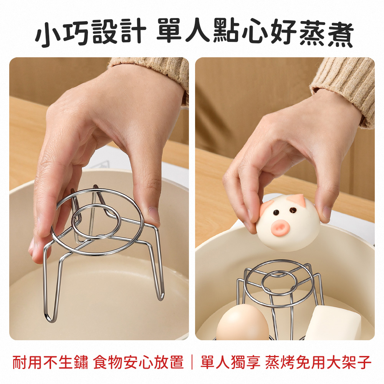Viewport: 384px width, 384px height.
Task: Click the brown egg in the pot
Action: [242, 324]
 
